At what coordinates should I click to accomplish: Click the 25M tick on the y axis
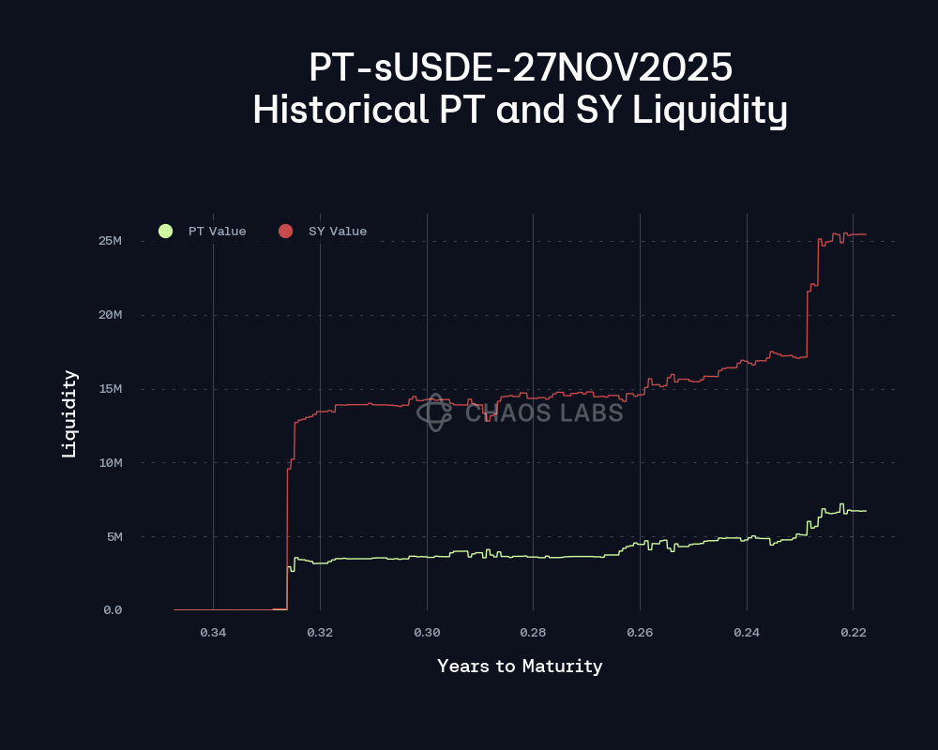pyautogui.click(x=111, y=241)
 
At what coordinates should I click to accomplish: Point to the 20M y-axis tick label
pyautogui.click(x=111, y=315)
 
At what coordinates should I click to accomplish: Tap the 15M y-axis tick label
pyautogui.click(x=111, y=389)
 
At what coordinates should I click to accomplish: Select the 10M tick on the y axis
pyautogui.click(x=111, y=463)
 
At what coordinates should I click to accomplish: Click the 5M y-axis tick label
pyautogui.click(x=113, y=537)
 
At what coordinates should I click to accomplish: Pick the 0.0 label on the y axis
pyautogui.click(x=112, y=610)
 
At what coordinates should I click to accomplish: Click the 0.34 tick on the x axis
pyautogui.click(x=213, y=633)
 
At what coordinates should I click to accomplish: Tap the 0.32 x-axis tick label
pyautogui.click(x=320, y=633)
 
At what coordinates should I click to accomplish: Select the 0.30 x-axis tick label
pyautogui.click(x=427, y=633)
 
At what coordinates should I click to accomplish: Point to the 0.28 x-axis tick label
pyautogui.click(x=533, y=633)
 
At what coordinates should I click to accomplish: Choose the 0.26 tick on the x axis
pyautogui.click(x=640, y=633)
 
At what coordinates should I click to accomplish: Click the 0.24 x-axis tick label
pyautogui.click(x=747, y=633)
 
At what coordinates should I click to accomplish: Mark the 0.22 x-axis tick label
pyautogui.click(x=853, y=633)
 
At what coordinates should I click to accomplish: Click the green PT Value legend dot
pyautogui.click(x=166, y=232)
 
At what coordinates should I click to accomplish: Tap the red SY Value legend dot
pyautogui.click(x=286, y=232)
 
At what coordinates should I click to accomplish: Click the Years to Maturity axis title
pyautogui.click(x=520, y=667)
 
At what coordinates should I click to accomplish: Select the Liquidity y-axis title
pyautogui.click(x=68, y=413)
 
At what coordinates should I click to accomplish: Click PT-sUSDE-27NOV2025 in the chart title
pyautogui.click(x=520, y=67)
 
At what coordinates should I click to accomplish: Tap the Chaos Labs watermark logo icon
pyautogui.click(x=435, y=412)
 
